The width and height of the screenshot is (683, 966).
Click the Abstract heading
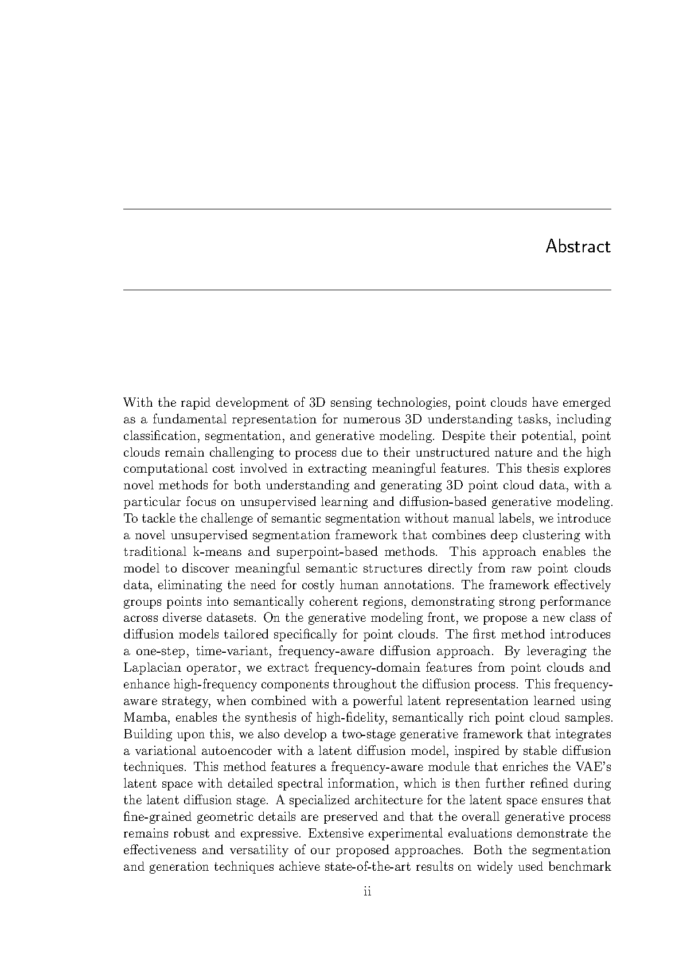pos(577,247)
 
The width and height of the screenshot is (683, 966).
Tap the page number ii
pos(368,891)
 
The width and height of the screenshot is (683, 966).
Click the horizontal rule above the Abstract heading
pos(367,209)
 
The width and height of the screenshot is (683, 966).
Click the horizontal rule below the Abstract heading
pos(367,290)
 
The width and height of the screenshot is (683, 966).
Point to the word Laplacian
pos(149,668)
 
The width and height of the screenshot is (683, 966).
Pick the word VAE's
pos(592,767)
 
